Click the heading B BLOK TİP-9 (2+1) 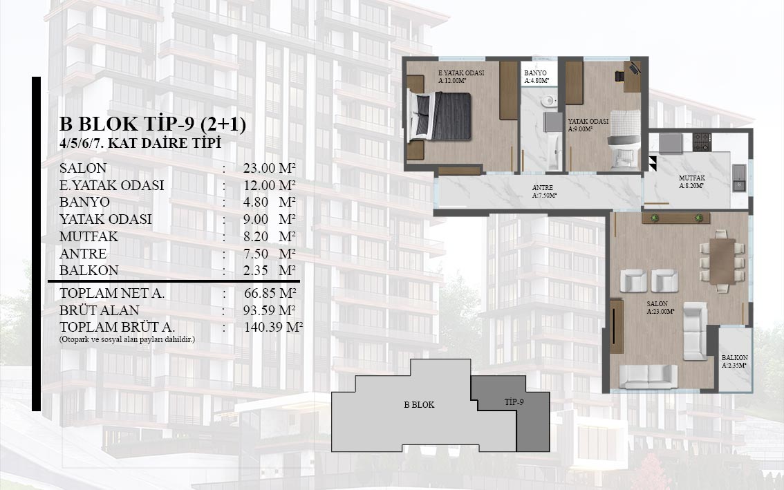click(153, 124)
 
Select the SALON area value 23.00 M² click(270, 168)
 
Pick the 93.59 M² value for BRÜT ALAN click(270, 310)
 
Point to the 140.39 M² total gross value click(274, 328)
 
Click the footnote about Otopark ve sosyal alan click(127, 339)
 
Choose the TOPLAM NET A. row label click(112, 294)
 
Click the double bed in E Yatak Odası click(440, 115)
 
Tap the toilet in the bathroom click(548, 101)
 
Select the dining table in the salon click(722, 261)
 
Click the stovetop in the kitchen click(702, 142)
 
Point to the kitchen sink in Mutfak click(738, 178)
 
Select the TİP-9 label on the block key click(514, 402)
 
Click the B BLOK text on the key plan click(419, 405)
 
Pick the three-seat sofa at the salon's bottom click(648, 377)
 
